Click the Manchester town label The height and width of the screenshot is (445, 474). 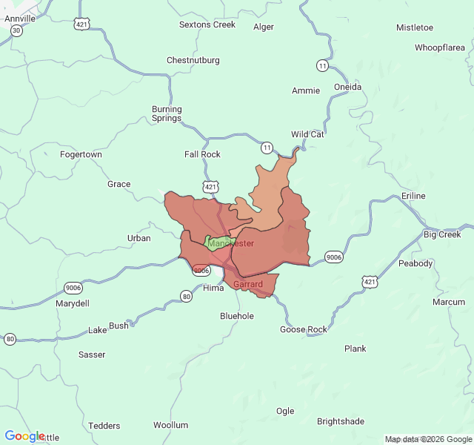231,243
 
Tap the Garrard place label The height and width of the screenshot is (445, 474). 248,284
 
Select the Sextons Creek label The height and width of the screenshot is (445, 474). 207,24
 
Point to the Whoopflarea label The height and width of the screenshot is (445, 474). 439,47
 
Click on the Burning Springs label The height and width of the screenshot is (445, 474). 167,113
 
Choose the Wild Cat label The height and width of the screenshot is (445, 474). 307,134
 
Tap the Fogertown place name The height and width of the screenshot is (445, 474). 81,154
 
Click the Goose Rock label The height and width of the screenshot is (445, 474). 304,329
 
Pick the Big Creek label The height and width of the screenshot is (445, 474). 442,234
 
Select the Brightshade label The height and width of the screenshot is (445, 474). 341,421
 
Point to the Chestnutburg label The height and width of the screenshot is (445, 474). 193,60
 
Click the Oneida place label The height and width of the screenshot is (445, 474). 348,87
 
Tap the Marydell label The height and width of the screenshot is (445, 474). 73,303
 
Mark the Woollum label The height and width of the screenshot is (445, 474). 171,425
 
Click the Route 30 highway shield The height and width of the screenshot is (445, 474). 16,31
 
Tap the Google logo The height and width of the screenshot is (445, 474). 24,436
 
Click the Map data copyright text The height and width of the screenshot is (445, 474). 427,439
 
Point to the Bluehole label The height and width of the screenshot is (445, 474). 237,316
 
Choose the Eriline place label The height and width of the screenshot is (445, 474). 414,196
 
